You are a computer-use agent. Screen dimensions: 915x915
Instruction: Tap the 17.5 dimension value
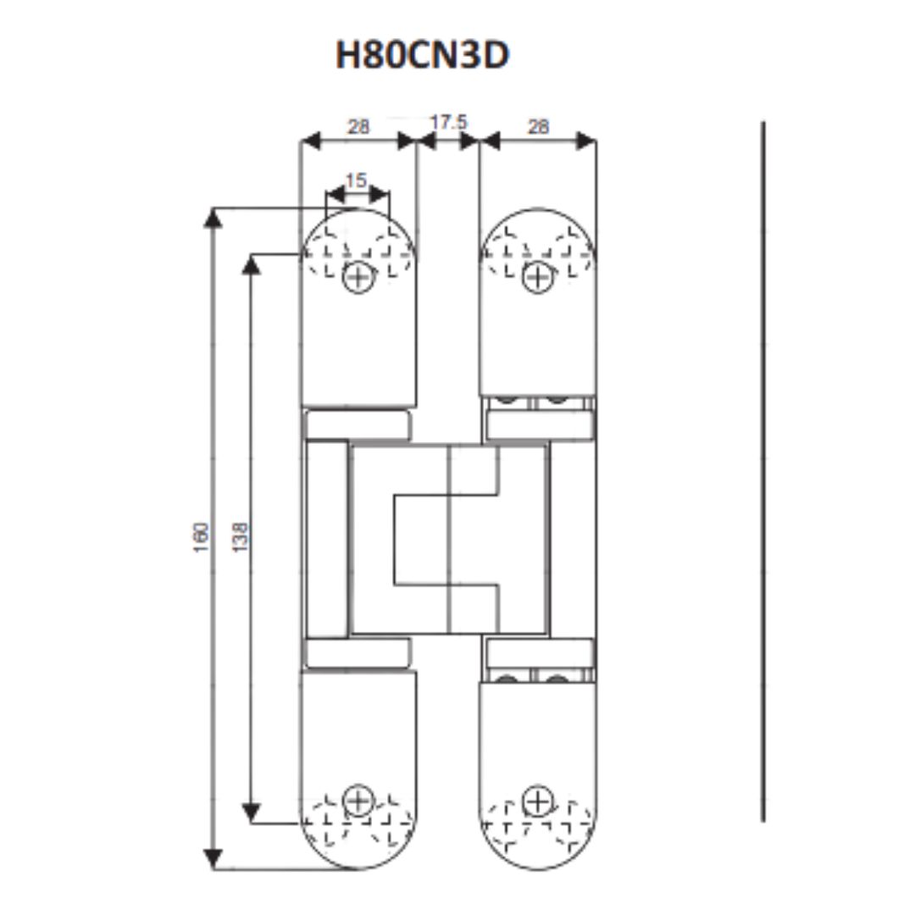tap(449, 123)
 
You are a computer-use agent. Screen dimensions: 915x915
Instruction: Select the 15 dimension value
tap(356, 180)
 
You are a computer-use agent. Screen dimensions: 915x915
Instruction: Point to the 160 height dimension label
tap(201, 537)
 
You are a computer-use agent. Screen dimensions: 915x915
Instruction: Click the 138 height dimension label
tap(240, 537)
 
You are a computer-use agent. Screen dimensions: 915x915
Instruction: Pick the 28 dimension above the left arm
tap(358, 126)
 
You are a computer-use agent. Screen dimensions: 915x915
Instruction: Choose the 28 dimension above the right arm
tap(538, 126)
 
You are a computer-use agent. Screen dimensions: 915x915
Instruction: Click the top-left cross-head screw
tap(358, 277)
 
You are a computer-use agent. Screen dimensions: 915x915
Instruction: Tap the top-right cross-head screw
tap(537, 277)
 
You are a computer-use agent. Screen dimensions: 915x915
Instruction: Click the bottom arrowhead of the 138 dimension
tap(251, 812)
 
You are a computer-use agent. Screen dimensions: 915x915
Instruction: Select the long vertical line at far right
tap(762, 472)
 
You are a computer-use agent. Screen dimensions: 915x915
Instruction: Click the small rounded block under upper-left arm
tap(358, 424)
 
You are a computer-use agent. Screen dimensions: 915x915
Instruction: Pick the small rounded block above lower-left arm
tap(358, 653)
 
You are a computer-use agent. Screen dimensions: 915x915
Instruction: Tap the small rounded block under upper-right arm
tap(540, 424)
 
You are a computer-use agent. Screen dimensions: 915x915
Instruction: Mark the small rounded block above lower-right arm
tap(540, 653)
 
